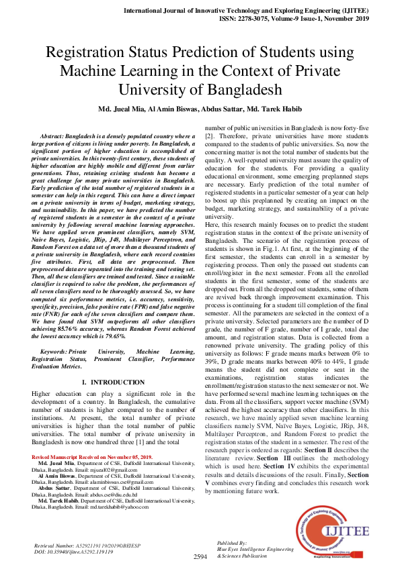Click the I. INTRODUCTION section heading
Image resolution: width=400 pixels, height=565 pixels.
(x=108, y=382)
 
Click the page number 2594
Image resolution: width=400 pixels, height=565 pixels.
(x=200, y=557)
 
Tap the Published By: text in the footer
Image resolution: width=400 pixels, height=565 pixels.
(x=233, y=542)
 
